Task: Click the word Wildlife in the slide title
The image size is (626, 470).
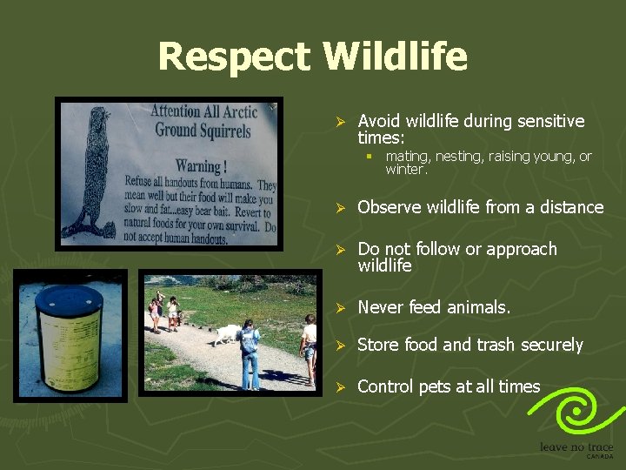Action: (x=395, y=57)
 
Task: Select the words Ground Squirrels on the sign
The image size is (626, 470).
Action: (x=203, y=131)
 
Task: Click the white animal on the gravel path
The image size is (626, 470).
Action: (x=228, y=334)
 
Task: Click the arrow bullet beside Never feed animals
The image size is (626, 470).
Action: (x=341, y=308)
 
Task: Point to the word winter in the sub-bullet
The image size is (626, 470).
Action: (x=403, y=170)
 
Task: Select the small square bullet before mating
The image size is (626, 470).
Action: (x=369, y=157)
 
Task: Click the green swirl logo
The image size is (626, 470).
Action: (x=576, y=411)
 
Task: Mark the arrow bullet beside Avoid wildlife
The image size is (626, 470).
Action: (x=341, y=122)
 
